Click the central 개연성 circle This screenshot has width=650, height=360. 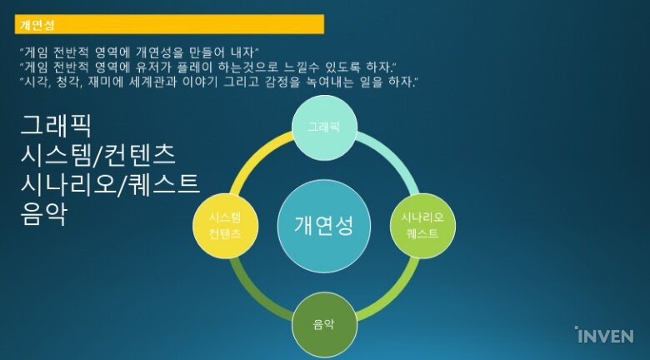(324, 226)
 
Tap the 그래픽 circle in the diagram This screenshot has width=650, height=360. (324, 127)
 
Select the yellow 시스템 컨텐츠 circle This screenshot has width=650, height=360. (226, 226)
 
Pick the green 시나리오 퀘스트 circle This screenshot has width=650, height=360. (422, 226)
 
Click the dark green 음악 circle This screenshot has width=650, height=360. (324, 325)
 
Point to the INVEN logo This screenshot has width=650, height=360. (604, 335)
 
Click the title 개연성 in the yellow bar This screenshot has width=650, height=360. (37, 25)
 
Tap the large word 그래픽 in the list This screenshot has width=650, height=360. (56, 125)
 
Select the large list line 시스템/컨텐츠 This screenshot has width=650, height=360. (97, 155)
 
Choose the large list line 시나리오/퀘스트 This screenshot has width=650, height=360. (110, 184)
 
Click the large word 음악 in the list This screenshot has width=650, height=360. (43, 214)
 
